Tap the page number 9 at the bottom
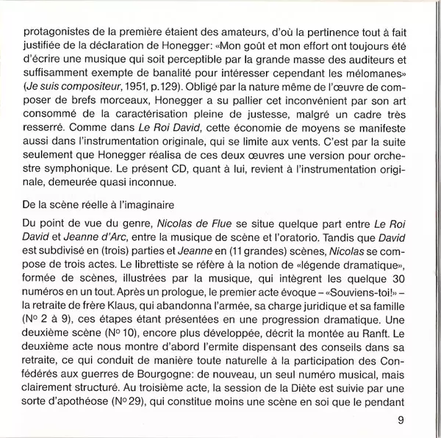(401, 420)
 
